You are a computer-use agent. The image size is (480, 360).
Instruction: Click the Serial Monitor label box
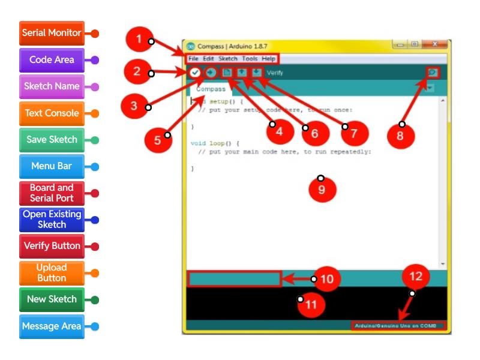point(52,33)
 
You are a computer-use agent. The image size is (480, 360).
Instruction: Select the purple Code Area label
point(52,60)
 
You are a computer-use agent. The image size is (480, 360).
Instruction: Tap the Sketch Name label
point(52,86)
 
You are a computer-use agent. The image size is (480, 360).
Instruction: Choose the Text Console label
point(52,113)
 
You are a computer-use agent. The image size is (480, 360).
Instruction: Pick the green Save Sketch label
point(52,140)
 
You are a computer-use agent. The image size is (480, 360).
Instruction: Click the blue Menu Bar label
point(52,166)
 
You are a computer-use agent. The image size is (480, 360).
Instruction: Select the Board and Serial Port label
point(52,193)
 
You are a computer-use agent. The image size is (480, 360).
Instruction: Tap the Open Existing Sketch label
point(52,220)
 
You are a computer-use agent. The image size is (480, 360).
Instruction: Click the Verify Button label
point(52,246)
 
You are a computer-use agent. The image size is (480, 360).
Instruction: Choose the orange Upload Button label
point(52,273)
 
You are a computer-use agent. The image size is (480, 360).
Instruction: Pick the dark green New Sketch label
point(52,299)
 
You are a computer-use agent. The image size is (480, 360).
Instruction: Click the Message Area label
point(52,326)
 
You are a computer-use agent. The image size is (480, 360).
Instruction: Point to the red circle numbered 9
point(322,189)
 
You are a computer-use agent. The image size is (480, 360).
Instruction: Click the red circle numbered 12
point(415,277)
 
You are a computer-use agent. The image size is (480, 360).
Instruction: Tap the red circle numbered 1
point(139,40)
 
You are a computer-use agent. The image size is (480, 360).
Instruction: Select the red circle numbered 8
point(400,136)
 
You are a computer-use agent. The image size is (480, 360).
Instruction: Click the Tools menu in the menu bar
point(250,59)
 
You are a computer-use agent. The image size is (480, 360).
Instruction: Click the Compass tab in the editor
point(211,89)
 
